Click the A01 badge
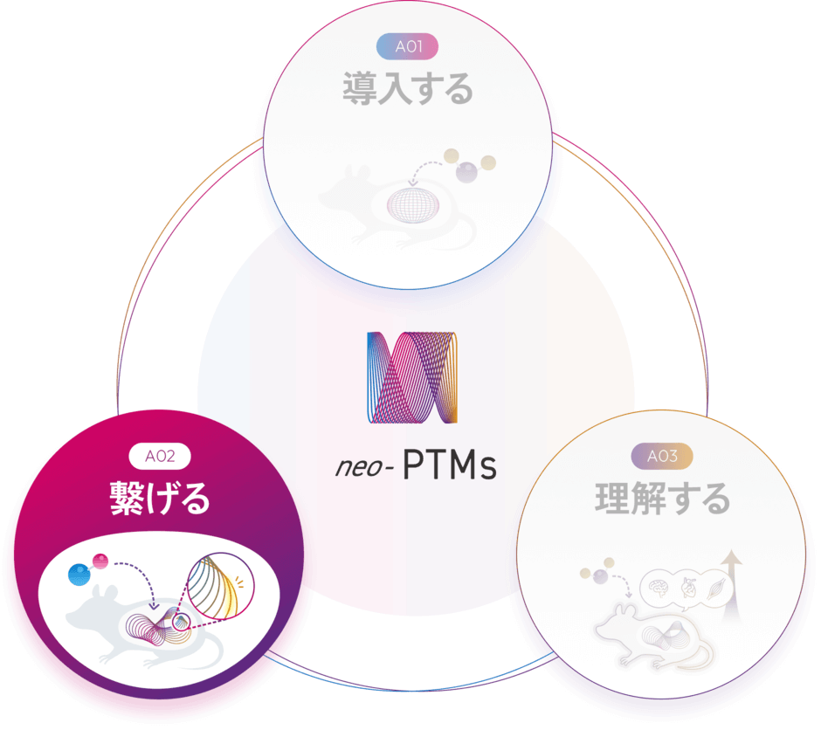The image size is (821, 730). pyautogui.click(x=406, y=46)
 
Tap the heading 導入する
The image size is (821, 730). pyautogui.click(x=407, y=90)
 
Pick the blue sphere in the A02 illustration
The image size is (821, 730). pyautogui.click(x=81, y=575)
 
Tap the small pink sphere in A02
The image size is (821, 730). pyautogui.click(x=103, y=561)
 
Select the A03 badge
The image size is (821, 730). pyautogui.click(x=661, y=455)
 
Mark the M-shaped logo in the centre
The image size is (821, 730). pyautogui.click(x=411, y=377)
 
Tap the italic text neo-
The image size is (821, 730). pyautogui.click(x=365, y=466)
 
